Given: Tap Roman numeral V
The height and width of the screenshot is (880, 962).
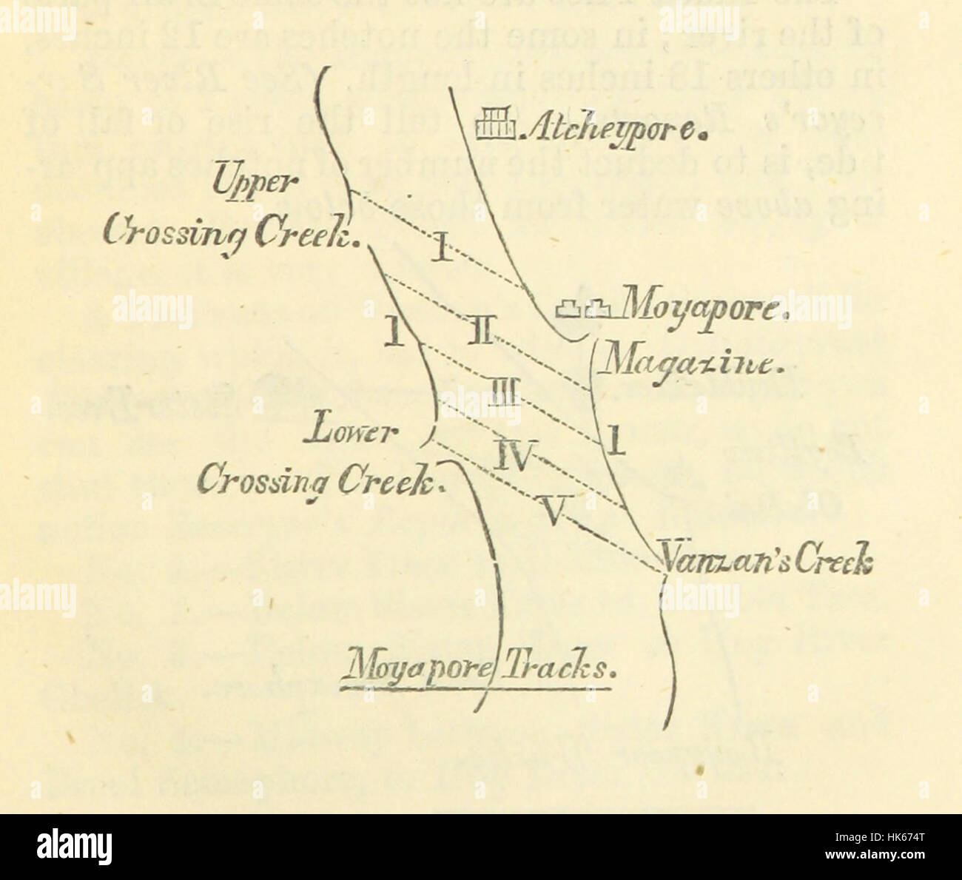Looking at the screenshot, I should (554, 511).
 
